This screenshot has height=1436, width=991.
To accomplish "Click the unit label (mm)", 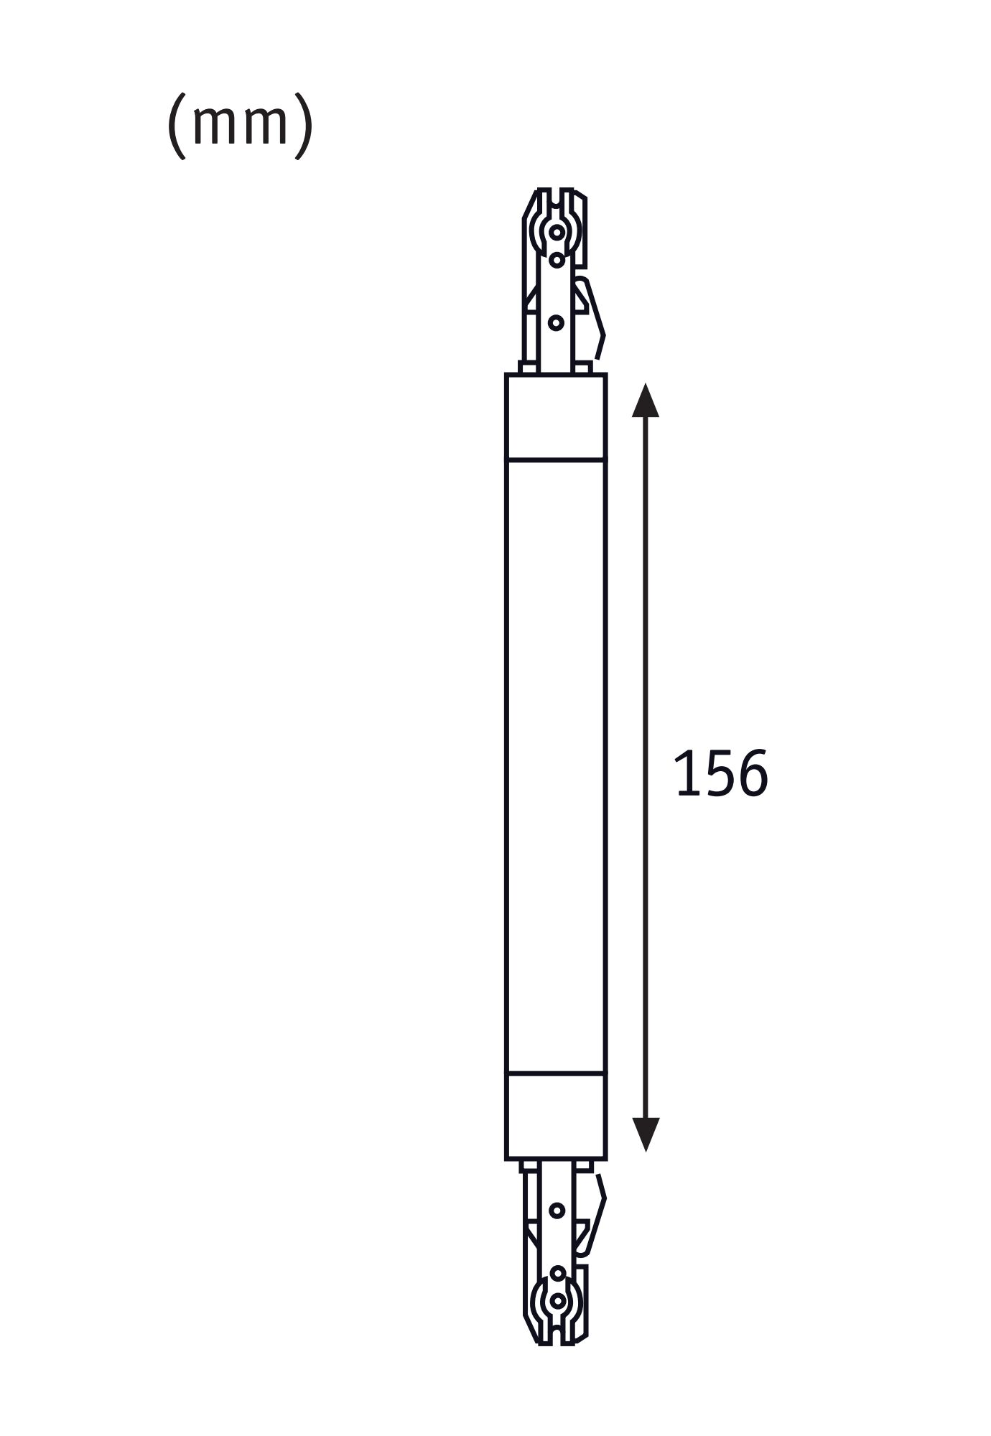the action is coord(240,125).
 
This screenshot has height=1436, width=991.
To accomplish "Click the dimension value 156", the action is coord(721,773).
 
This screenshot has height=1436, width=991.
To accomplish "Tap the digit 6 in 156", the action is coord(752,773).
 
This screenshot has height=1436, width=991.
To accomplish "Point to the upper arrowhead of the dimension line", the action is coord(646,401).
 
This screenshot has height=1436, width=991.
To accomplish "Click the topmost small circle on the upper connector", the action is coord(557,232).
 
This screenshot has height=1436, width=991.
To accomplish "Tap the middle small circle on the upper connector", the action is coord(557,259).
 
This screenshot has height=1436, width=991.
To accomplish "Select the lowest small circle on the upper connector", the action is coord(556,323).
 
